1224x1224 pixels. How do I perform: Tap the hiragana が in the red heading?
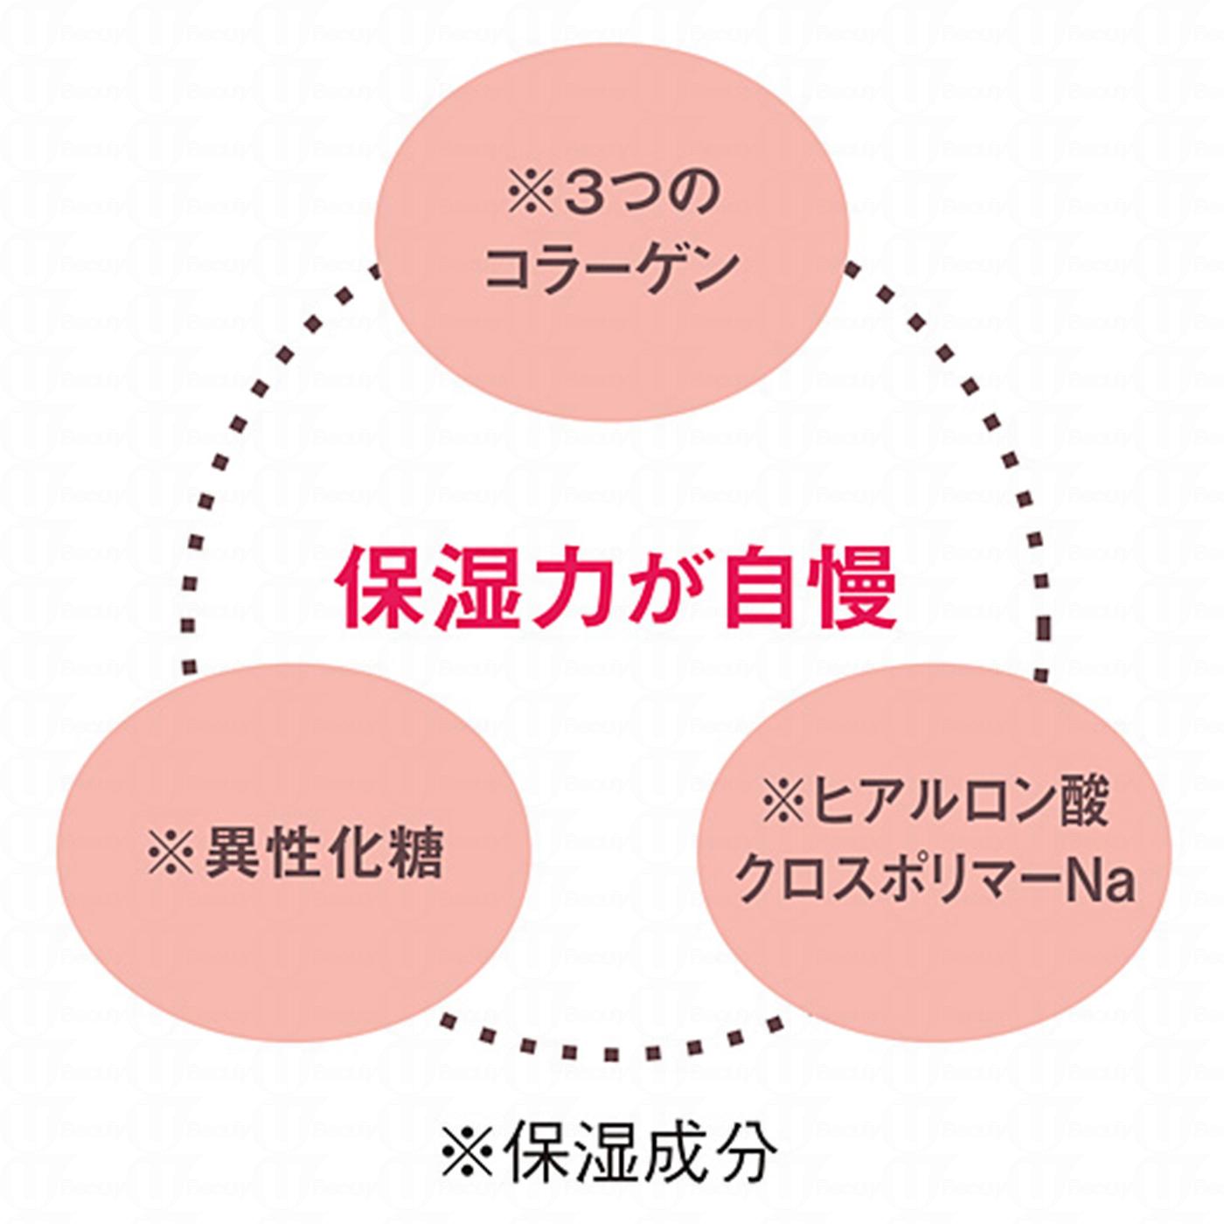(664, 587)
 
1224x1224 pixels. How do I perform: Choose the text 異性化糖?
(323, 852)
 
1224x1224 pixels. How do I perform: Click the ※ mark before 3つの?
(531, 195)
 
